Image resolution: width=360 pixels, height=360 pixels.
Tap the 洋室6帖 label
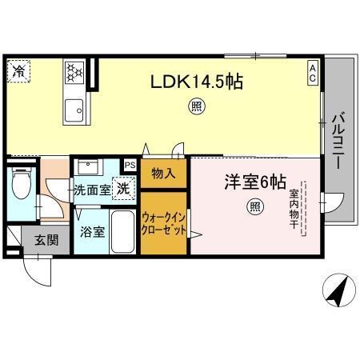(254, 182)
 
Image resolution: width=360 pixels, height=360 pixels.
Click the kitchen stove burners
(74, 73)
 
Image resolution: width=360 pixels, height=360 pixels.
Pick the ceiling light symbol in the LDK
(195, 105)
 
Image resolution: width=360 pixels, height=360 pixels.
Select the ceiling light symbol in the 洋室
(254, 207)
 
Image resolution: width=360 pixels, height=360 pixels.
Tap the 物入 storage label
(163, 174)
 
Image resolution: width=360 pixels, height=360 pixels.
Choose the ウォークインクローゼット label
(164, 223)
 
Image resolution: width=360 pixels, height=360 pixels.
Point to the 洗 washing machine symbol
(124, 189)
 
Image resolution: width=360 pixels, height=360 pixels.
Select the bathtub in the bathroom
(122, 232)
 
